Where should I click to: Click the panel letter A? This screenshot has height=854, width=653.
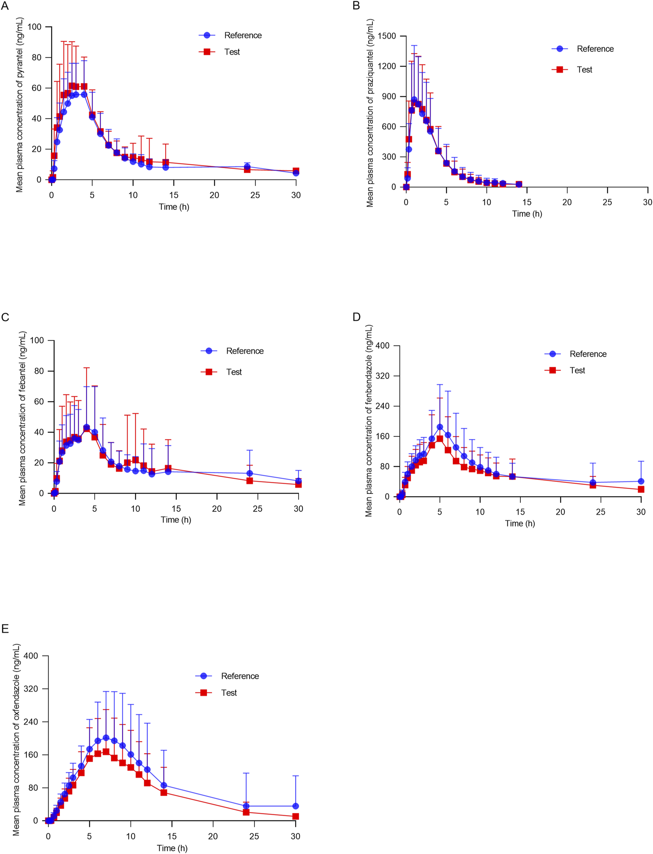[x=4, y=6]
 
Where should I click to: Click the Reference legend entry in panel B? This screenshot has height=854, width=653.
[x=595, y=49]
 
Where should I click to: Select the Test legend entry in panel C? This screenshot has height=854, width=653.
[x=233, y=372]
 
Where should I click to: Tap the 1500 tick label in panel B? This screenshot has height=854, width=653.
[x=387, y=36]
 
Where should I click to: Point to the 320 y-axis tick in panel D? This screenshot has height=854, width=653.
[x=382, y=376]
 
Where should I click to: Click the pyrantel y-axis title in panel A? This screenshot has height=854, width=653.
[x=19, y=105]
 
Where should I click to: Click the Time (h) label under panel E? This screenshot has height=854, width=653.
[x=172, y=848]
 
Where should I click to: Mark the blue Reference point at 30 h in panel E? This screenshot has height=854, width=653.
[x=296, y=806]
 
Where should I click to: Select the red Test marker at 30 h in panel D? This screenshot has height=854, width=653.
[x=641, y=489]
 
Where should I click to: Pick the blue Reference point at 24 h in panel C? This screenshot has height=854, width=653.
[x=250, y=473]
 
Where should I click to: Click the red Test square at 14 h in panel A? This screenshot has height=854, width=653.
[x=165, y=163]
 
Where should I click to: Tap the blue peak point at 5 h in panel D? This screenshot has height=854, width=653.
[x=440, y=427]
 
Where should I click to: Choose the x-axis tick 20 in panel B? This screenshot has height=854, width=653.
[x=567, y=202]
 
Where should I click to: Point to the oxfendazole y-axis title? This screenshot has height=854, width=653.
[x=16, y=739]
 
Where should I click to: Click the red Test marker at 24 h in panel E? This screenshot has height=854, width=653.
[x=246, y=812]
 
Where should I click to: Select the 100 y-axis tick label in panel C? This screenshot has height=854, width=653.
[x=37, y=340]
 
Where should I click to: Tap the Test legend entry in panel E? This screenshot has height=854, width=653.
[x=229, y=693]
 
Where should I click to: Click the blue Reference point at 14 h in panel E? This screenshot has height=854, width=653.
[x=164, y=785]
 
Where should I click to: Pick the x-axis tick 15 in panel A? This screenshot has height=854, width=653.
[x=174, y=195]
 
